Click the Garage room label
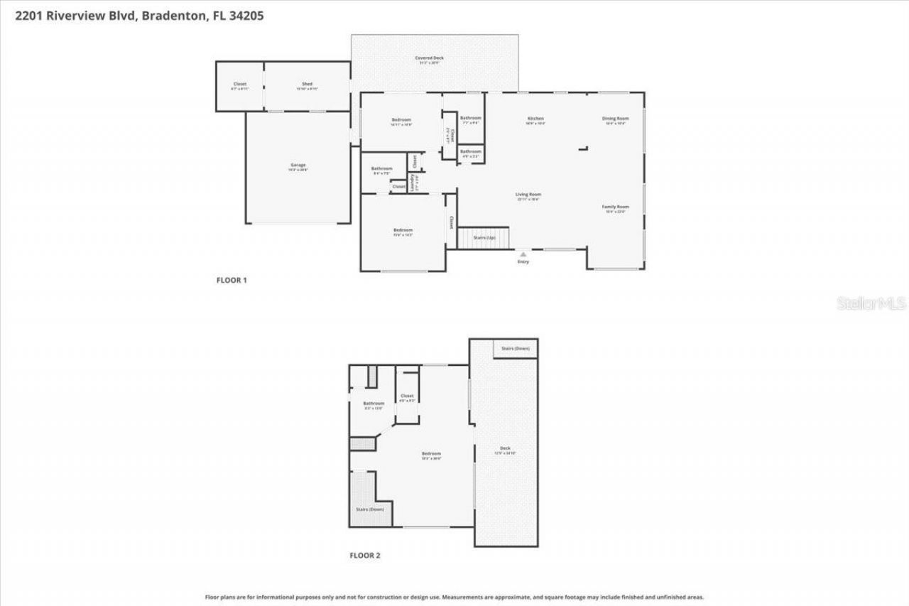pos(297,166)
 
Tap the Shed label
pos(307,85)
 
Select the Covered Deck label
pos(429,58)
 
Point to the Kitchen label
pos(535,119)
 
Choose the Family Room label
pos(615,207)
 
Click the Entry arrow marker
pos(523,252)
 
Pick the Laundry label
pos(413,183)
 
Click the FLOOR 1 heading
pos(232,280)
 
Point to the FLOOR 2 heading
pos(365,555)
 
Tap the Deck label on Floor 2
pos(505,448)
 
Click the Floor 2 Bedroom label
pos(431,454)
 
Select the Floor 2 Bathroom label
pos(374,404)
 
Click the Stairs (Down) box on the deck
pos(515,349)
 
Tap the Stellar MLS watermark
pos(871,303)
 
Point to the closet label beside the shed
pos(239,85)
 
